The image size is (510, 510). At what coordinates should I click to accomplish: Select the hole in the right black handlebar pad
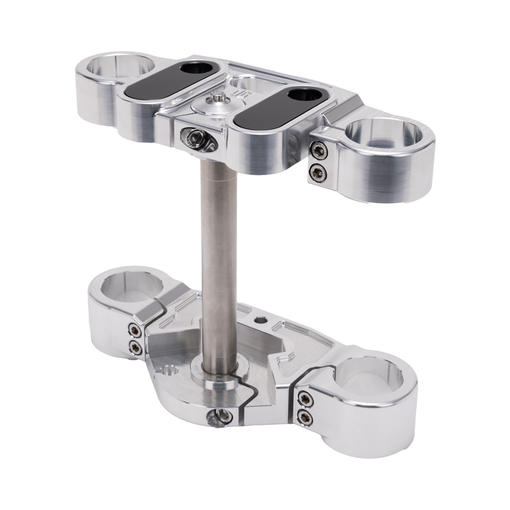point(303,95)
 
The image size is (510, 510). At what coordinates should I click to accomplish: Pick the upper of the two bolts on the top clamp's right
point(318,148)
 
